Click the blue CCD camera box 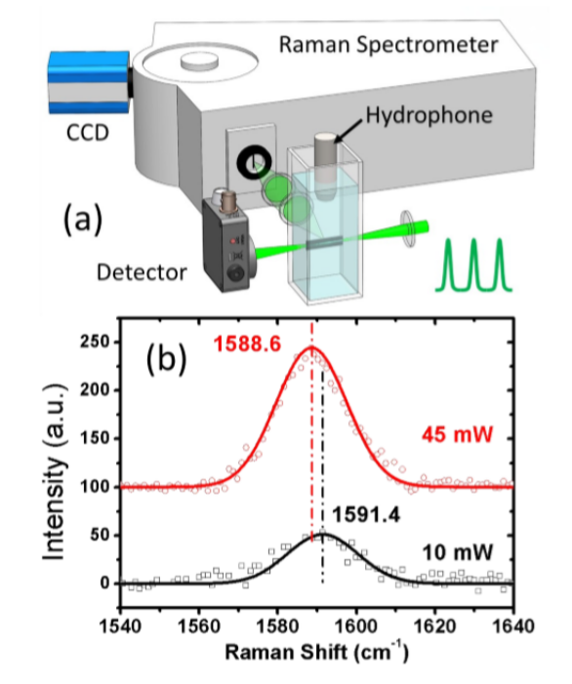[89, 82]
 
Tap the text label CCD [87, 133]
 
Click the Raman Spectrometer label [388, 45]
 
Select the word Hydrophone [429, 115]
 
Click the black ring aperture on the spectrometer [254, 163]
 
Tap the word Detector [142, 272]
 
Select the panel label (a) [83, 220]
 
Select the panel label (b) [166, 359]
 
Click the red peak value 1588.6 [247, 344]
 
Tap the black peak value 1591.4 [366, 515]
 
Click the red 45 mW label [458, 434]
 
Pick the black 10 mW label [458, 552]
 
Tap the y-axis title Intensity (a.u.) [55, 472]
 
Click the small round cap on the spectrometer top [199, 61]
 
